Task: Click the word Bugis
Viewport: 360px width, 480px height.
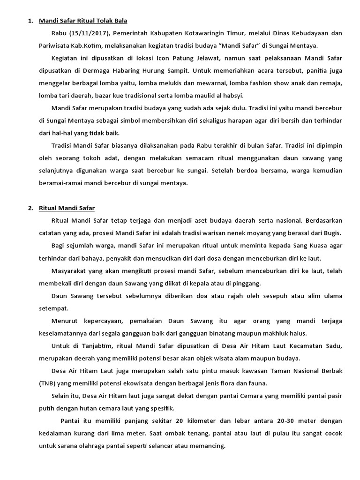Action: click(x=332, y=233)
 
